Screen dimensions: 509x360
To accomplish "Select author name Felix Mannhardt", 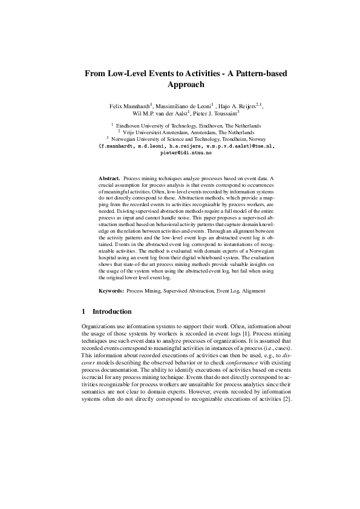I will pyautogui.click(x=129, y=106).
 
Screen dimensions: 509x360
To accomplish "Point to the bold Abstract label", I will pyautogui.click(x=110, y=180).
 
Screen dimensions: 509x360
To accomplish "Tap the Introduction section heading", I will pyautogui.click(x=111, y=312).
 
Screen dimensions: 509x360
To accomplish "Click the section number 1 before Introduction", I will pyautogui.click(x=83, y=312).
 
